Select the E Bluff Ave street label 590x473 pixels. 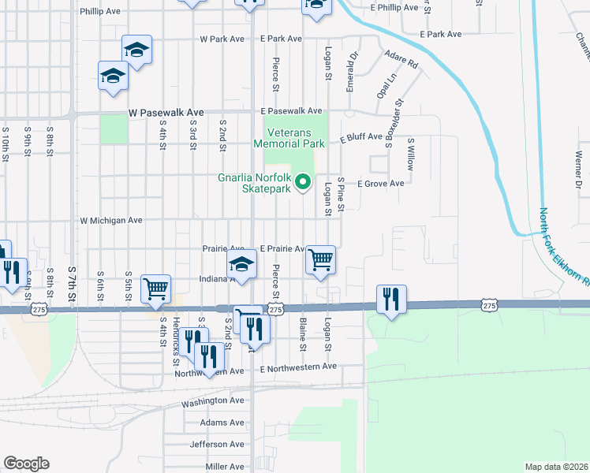(361, 137)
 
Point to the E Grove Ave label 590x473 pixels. (380, 184)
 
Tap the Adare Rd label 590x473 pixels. (401, 58)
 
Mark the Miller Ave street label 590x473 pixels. (225, 467)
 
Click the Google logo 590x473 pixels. (26, 464)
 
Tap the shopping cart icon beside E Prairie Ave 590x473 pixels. (320, 259)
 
